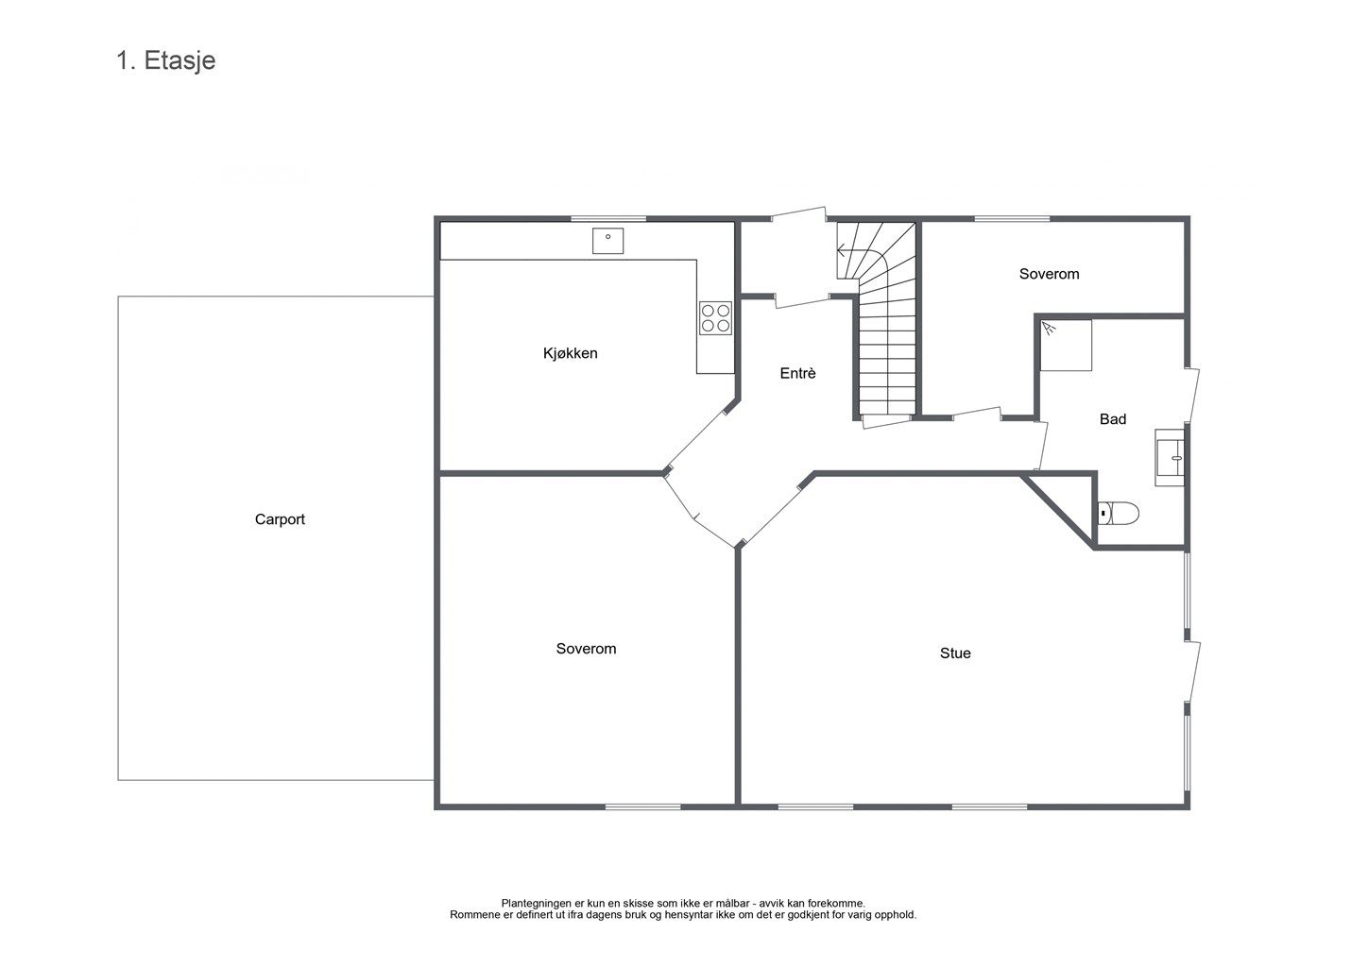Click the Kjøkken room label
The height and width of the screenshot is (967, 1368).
click(570, 353)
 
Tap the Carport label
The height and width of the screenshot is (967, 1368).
click(280, 519)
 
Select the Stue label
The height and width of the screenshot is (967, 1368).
click(955, 653)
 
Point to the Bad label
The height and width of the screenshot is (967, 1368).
click(1113, 418)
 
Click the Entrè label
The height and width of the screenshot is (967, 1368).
click(797, 373)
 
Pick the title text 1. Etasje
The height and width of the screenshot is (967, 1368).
click(166, 60)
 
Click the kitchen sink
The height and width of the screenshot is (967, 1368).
click(607, 241)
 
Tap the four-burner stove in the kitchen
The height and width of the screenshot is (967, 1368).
click(715, 318)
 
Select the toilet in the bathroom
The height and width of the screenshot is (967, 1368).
click(1119, 514)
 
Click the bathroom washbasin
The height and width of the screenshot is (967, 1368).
click(1170, 458)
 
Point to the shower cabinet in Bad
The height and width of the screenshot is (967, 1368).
click(1066, 345)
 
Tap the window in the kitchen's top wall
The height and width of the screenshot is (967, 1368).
click(608, 218)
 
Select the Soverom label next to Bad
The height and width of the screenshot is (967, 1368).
click(1049, 274)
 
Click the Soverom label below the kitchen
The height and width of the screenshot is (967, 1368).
click(586, 649)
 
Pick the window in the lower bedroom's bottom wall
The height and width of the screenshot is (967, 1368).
click(643, 807)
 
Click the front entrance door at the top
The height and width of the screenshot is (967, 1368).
click(799, 214)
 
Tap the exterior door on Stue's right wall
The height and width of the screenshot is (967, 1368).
click(1192, 670)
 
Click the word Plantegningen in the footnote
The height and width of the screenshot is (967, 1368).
click(537, 904)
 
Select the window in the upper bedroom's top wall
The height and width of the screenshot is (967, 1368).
click(1012, 218)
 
